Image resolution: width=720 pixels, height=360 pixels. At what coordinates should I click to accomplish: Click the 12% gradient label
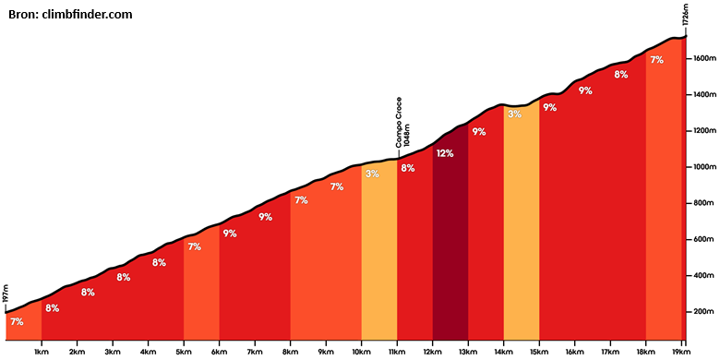(445, 154)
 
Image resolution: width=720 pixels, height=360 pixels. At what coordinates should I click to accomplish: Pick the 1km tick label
(42, 352)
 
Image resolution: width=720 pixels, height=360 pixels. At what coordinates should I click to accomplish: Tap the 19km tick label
(682, 352)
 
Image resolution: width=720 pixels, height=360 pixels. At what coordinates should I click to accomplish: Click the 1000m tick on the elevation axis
(687, 167)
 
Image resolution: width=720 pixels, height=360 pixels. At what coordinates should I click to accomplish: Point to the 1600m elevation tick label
(702, 59)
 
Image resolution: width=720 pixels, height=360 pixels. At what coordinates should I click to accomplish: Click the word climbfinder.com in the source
(88, 15)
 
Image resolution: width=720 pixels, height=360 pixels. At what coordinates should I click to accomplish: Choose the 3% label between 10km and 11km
(372, 174)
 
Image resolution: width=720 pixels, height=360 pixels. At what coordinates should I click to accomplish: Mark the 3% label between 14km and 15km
(515, 114)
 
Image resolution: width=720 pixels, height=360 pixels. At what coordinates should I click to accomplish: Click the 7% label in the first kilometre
(17, 322)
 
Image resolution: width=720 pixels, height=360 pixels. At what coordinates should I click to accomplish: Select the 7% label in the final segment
(656, 60)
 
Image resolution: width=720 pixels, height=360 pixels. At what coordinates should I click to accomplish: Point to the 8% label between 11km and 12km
(408, 168)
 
